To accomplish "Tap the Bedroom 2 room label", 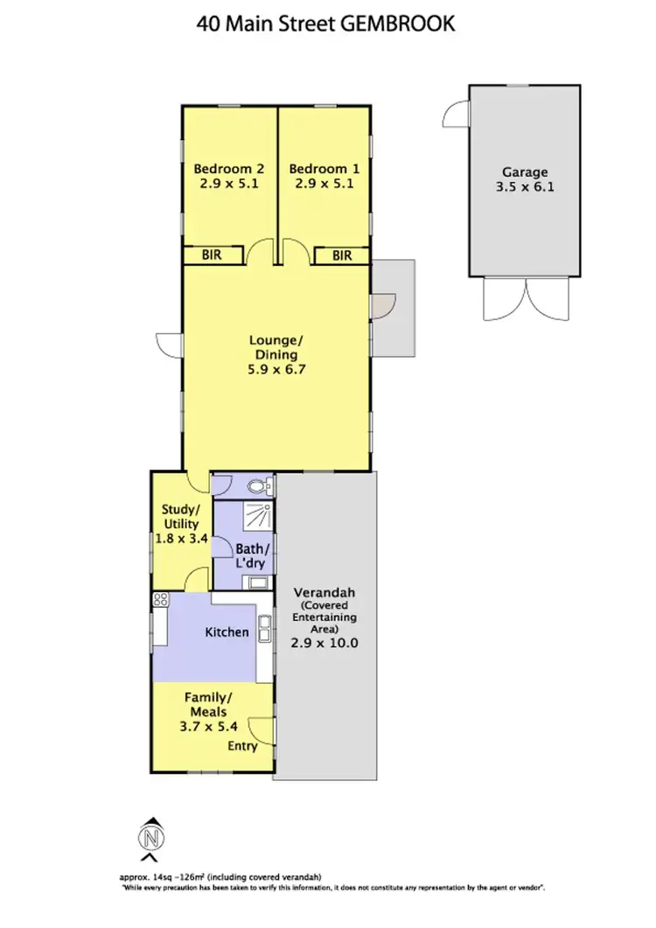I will (229, 169).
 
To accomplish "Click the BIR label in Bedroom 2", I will (211, 255).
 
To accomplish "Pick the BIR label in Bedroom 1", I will (342, 255).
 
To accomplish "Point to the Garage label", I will (524, 172).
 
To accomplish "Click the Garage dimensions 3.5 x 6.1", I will (524, 187).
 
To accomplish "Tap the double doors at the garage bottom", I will (524, 300).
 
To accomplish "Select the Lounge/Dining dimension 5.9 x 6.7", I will (276, 370).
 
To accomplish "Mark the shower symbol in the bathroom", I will (257, 518).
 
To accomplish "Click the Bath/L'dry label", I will (252, 556).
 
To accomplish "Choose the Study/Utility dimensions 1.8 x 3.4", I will (181, 539).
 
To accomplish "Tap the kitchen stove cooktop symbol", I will (160, 600).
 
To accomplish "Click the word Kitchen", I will (227, 631).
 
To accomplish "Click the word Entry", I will (242, 746).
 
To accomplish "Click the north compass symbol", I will (152, 838).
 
